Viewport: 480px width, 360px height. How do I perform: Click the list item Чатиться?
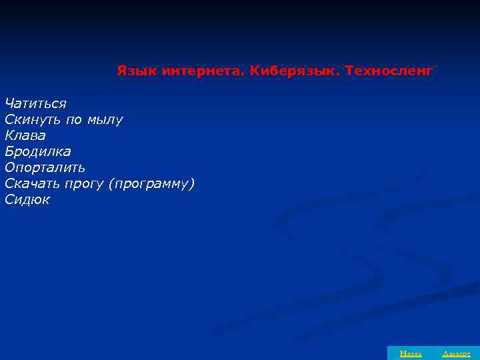[35, 103]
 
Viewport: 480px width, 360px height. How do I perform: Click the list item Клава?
[25, 135]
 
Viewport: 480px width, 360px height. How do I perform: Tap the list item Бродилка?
[37, 151]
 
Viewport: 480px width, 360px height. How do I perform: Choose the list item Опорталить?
[45, 167]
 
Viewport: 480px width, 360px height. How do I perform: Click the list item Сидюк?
[27, 199]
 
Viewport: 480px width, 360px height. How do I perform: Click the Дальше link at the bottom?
[456, 353]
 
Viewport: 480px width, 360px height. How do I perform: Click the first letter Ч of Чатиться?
[9, 103]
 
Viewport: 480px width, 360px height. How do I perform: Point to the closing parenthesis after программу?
[193, 183]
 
